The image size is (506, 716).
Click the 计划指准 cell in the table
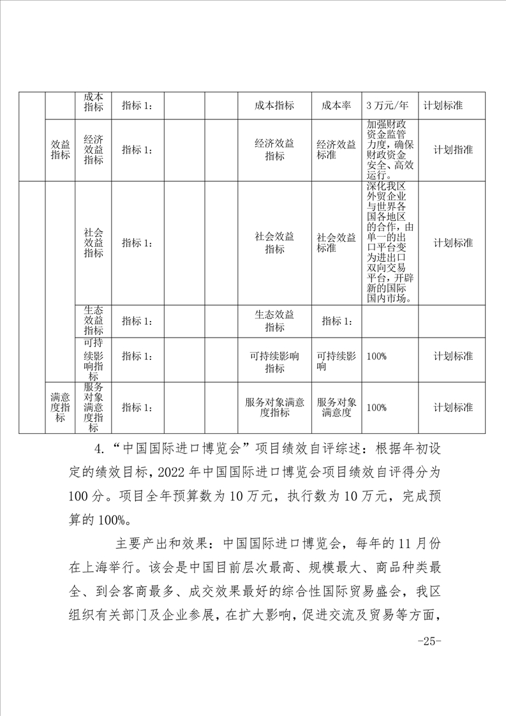pyautogui.click(x=453, y=149)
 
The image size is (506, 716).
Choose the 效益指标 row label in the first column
pyautogui.click(x=60, y=149)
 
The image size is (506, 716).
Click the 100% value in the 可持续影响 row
pyautogui.click(x=377, y=355)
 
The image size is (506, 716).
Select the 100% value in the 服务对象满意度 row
pyautogui.click(x=377, y=407)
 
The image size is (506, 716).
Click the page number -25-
pyautogui.click(x=429, y=641)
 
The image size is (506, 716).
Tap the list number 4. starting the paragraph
pyautogui.click(x=100, y=449)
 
